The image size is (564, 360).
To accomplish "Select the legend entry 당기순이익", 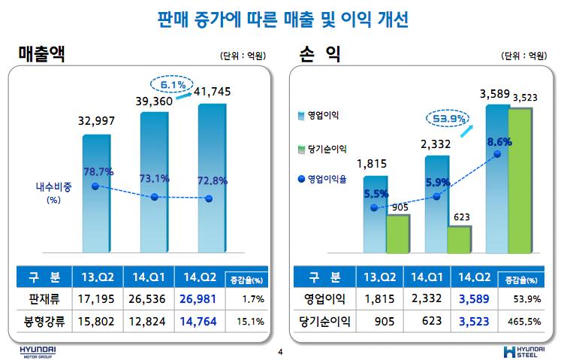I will click(x=323, y=150).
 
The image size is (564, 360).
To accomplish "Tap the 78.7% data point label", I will click(x=98, y=172).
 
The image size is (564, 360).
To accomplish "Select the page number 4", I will click(x=280, y=352).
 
